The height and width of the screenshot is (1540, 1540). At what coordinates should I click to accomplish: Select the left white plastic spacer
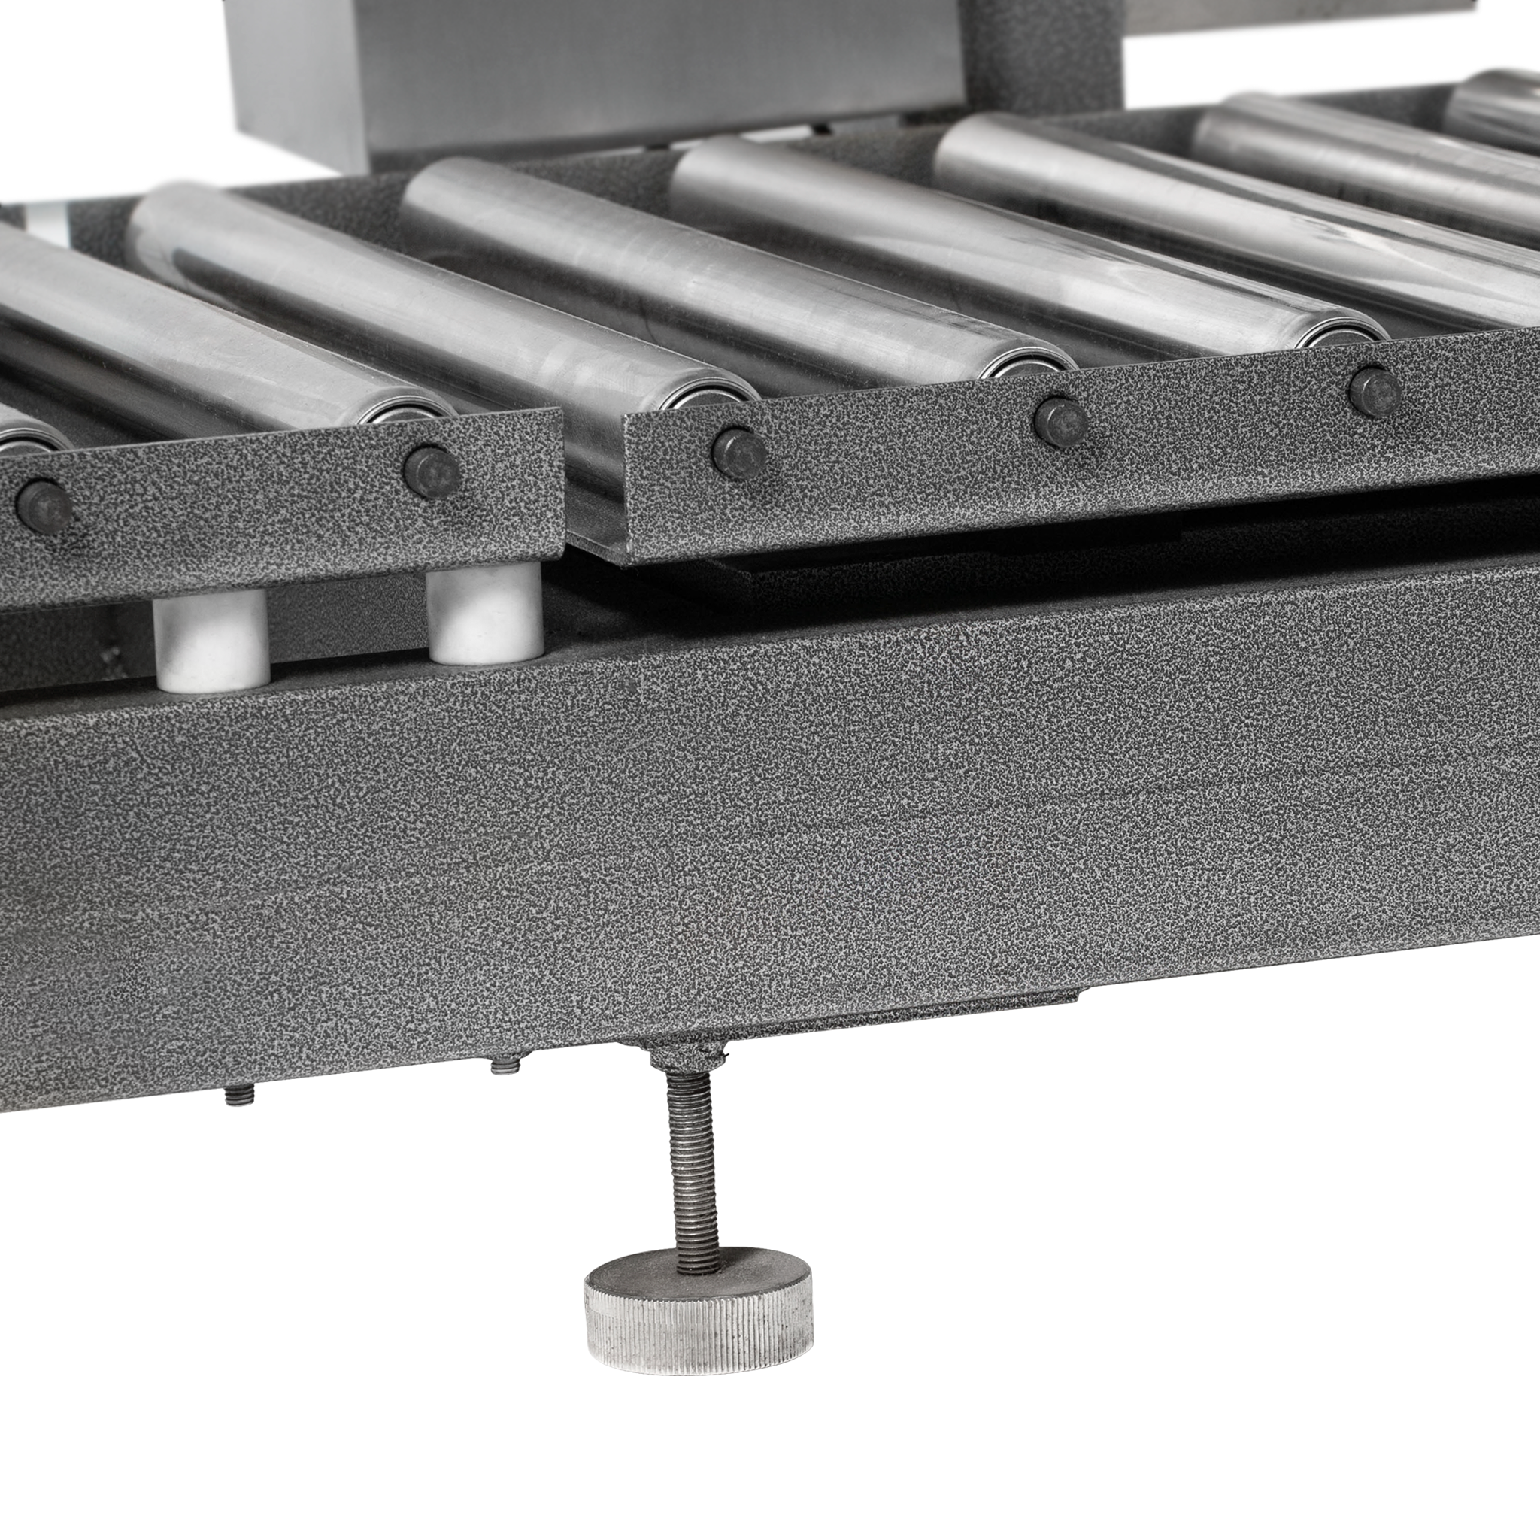click(211, 642)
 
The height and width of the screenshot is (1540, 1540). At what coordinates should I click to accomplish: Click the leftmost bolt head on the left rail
click(43, 506)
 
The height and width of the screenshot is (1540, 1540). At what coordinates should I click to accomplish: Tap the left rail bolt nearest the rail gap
click(431, 472)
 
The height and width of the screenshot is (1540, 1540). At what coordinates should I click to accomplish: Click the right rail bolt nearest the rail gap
click(739, 453)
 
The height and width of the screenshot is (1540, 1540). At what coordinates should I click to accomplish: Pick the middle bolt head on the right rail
click(1060, 421)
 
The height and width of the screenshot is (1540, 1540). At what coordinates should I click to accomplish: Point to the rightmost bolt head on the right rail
click(1375, 390)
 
